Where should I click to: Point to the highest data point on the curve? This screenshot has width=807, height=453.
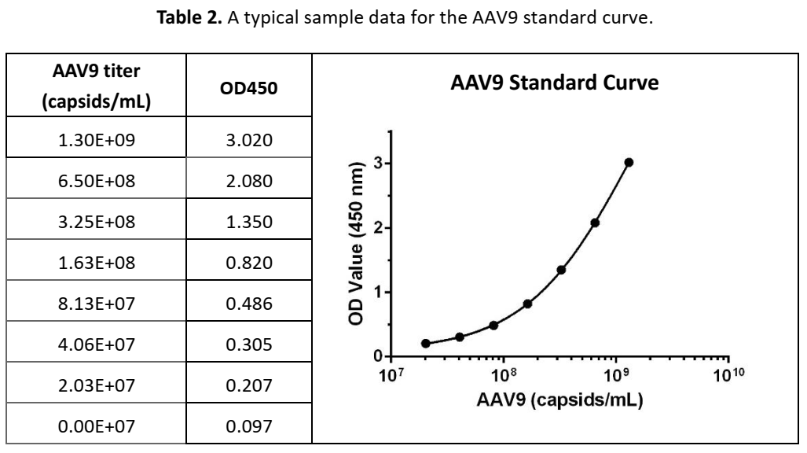(x=629, y=163)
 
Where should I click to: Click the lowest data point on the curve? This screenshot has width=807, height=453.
(x=426, y=344)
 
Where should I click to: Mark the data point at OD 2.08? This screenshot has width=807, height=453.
(x=595, y=223)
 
